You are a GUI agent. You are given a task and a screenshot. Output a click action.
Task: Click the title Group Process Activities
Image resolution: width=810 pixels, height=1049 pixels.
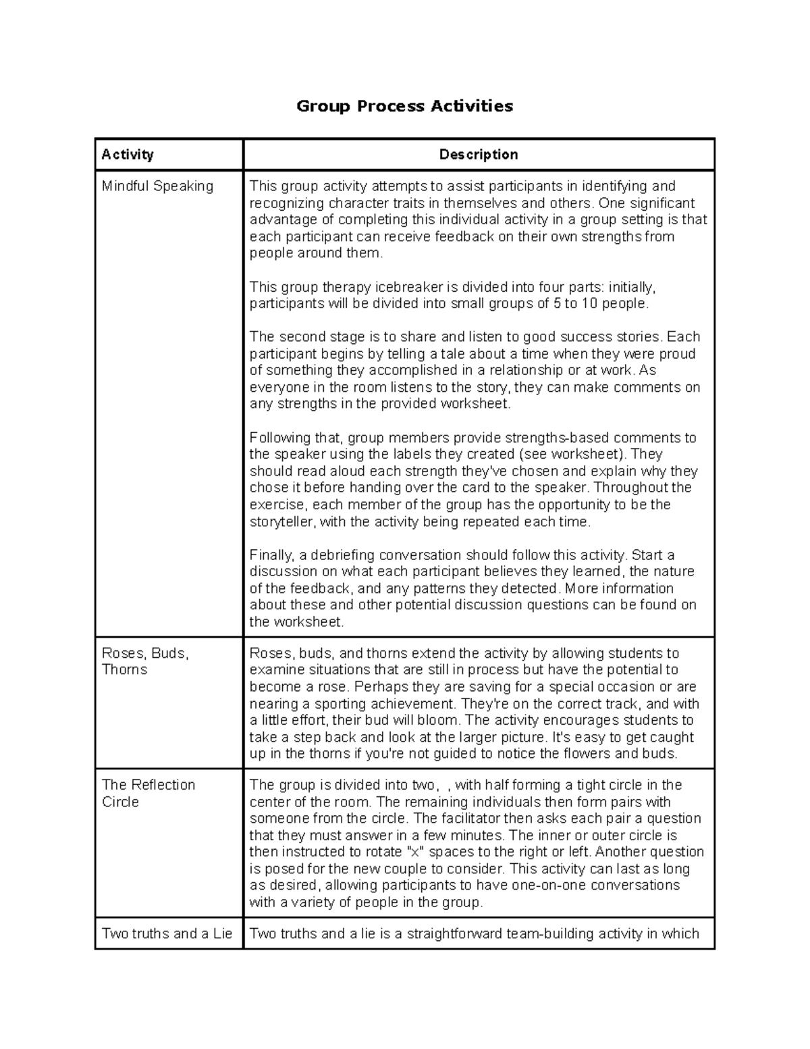(405, 106)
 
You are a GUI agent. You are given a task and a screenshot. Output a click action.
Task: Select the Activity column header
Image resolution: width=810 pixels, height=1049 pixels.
(128, 155)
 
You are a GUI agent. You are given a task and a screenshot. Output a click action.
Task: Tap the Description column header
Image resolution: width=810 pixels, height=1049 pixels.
(479, 155)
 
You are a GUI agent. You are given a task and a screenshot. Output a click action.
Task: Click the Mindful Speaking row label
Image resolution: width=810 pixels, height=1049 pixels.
(157, 186)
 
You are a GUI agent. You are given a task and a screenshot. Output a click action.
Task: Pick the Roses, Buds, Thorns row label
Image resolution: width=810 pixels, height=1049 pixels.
(144, 661)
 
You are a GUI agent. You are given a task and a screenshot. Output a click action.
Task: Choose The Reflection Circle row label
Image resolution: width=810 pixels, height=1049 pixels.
(148, 793)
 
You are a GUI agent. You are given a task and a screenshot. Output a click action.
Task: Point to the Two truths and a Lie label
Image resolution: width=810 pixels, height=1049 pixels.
(167, 933)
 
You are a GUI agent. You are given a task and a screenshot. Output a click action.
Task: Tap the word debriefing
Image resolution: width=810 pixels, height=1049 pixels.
(342, 555)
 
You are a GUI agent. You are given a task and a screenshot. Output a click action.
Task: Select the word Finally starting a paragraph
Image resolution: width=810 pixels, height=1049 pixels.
(271, 555)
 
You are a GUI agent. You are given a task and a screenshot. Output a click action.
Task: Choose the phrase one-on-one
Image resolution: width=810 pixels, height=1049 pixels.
(572, 886)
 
